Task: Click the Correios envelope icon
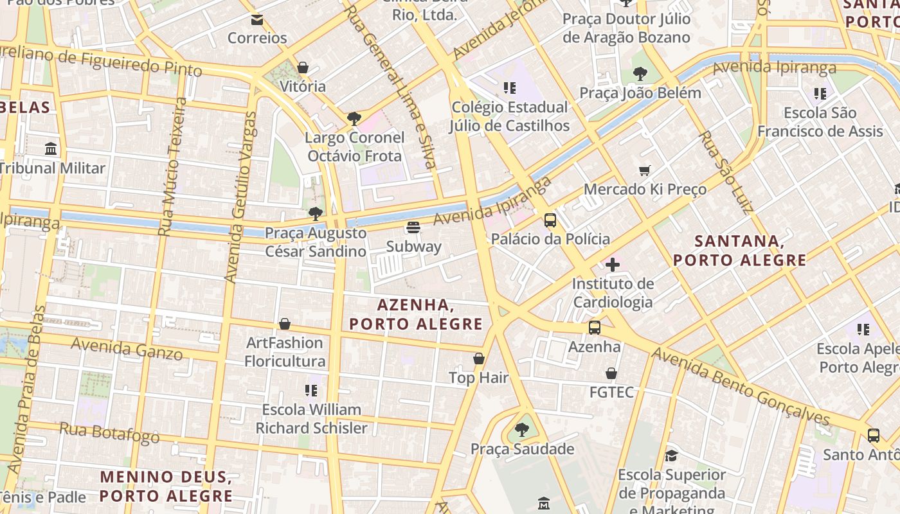point(257,19)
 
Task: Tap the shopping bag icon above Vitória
point(303,67)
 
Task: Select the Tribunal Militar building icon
point(51,150)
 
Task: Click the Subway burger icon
point(413,227)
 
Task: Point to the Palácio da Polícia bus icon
point(550,220)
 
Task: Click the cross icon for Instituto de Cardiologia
point(613,264)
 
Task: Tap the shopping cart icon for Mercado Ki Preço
point(645,170)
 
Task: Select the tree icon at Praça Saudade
point(522,430)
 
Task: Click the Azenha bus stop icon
point(595,328)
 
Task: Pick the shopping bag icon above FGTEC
point(611,373)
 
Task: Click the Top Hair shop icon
point(479,359)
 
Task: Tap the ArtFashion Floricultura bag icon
point(285,324)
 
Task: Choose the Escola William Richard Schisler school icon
point(311,391)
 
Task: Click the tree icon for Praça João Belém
point(640,74)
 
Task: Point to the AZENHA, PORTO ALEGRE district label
point(416,314)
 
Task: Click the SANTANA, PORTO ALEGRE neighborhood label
point(739,251)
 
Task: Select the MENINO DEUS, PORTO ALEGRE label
point(166,486)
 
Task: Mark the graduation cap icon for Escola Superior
point(671,456)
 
